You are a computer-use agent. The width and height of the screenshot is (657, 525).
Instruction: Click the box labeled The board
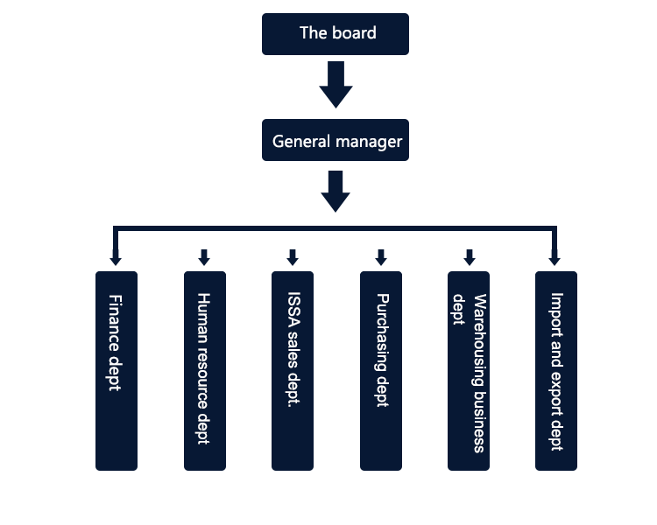pos(336,35)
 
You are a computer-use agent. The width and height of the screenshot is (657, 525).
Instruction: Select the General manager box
pos(336,141)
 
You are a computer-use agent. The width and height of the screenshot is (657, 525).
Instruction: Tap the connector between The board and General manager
pos(336,85)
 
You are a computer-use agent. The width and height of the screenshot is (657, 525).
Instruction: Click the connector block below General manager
pos(336,192)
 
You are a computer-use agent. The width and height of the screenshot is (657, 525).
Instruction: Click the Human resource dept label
pos(203,368)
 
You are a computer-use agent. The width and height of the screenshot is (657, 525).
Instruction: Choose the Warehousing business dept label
pos(468,373)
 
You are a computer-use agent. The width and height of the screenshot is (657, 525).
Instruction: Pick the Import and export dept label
pos(555,371)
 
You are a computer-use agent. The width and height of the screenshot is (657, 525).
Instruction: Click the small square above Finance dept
pos(115,257)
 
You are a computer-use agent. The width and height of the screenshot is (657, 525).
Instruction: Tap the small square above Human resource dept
pos(204,257)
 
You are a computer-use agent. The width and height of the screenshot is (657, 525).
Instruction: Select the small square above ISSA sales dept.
pos(293,257)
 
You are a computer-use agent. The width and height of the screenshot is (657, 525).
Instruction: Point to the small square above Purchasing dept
pos(381,257)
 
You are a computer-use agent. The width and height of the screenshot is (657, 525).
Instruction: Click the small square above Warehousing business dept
pos(470,257)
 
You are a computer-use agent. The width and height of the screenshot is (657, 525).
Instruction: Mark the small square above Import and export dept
pos(554,257)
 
